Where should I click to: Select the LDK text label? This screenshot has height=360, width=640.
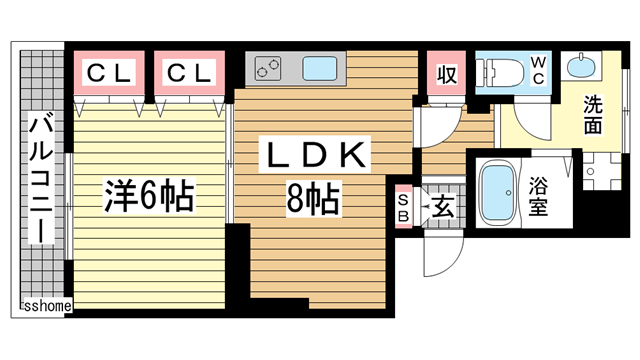coord(318,158)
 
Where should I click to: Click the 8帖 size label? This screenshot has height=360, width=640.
coord(313,200)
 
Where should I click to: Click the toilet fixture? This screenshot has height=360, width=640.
coord(497,73)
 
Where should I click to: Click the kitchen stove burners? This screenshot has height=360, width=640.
coord(269,70)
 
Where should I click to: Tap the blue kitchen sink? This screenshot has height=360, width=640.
coord(322,71)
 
